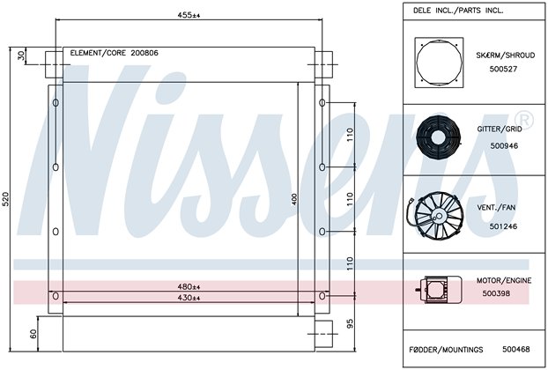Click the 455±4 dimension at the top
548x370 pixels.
(189, 15)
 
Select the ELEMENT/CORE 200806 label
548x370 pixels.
(114, 53)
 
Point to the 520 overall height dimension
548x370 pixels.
(6, 199)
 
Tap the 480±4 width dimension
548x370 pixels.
(189, 287)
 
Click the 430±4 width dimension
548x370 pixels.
(189, 298)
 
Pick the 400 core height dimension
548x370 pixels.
(294, 199)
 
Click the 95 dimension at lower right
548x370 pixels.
(350, 323)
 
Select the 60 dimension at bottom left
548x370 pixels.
(33, 334)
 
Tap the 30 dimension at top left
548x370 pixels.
(22, 55)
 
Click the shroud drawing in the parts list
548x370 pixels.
(439, 63)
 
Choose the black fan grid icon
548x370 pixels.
(438, 137)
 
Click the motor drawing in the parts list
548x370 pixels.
(439, 290)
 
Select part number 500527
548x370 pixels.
(503, 69)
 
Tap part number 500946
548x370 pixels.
(504, 145)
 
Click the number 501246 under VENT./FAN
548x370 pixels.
(503, 226)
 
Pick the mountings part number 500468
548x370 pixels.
(516, 349)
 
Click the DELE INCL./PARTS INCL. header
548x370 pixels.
(458, 11)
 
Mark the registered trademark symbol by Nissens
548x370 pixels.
(525, 120)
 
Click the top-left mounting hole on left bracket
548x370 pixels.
(56, 103)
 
